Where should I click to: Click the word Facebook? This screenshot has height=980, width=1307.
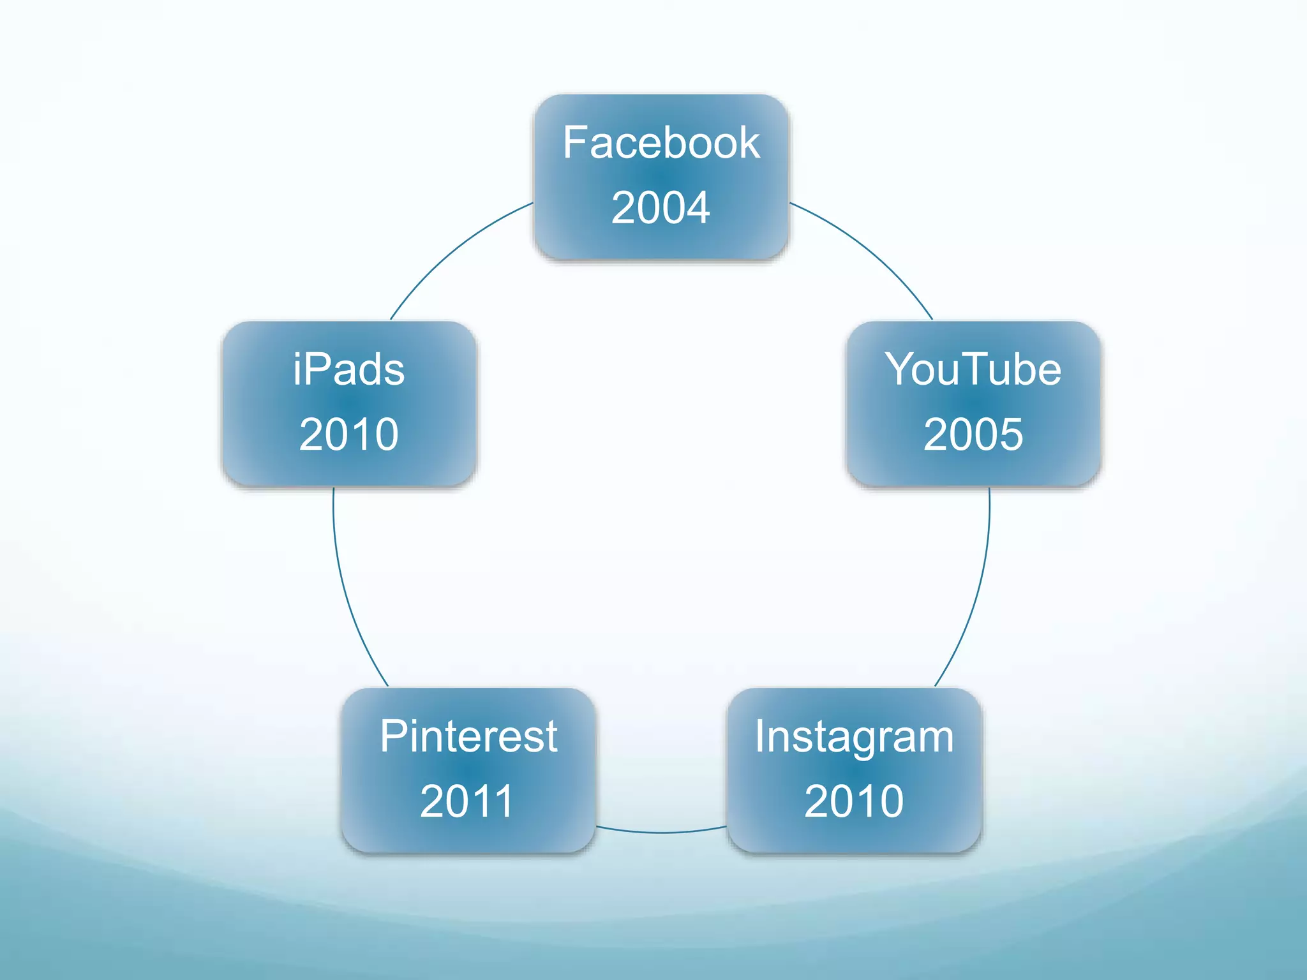click(661, 143)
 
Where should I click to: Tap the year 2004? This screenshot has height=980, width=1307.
click(661, 207)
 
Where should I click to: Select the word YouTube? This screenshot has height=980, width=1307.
click(973, 369)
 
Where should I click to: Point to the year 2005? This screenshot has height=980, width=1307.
click(973, 434)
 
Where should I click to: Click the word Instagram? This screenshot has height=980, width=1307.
click(854, 737)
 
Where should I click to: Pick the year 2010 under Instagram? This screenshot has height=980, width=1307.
click(854, 801)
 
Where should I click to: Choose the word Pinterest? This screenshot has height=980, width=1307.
click(468, 736)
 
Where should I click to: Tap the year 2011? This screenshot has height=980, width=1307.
click(467, 801)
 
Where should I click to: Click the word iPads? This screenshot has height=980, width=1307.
click(348, 369)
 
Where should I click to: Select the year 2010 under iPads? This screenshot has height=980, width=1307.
click(348, 434)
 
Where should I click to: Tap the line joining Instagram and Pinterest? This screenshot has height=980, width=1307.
click(661, 832)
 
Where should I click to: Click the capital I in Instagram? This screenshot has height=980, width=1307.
click(759, 736)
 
